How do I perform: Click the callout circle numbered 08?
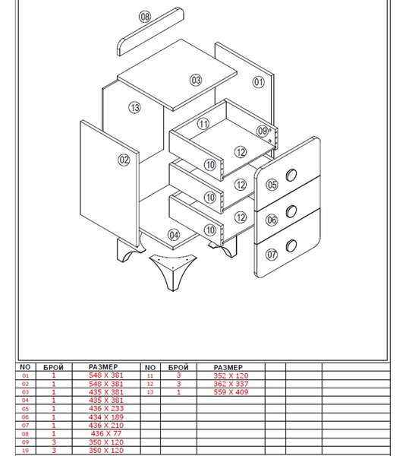(145, 17)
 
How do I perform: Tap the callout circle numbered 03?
(196, 80)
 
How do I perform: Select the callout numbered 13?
(135, 108)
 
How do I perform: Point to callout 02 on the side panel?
(124, 160)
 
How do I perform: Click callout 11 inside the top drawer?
(203, 124)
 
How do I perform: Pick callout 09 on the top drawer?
(263, 131)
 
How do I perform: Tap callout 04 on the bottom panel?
(174, 235)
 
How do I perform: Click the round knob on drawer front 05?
(291, 175)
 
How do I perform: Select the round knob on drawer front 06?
(291, 211)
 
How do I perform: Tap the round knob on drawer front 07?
(291, 245)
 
